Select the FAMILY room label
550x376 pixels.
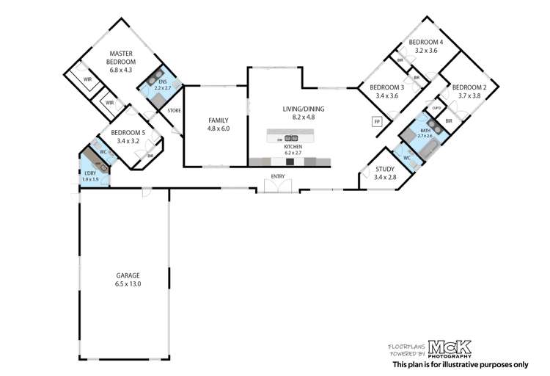[219, 120]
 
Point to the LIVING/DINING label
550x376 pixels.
[304, 109]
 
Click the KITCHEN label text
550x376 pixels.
[293, 147]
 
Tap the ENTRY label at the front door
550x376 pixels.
[278, 176]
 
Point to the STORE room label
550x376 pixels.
[174, 111]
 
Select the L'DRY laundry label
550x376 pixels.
[90, 173]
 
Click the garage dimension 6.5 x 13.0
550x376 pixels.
[128, 284]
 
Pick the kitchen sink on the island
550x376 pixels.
[291, 137]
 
